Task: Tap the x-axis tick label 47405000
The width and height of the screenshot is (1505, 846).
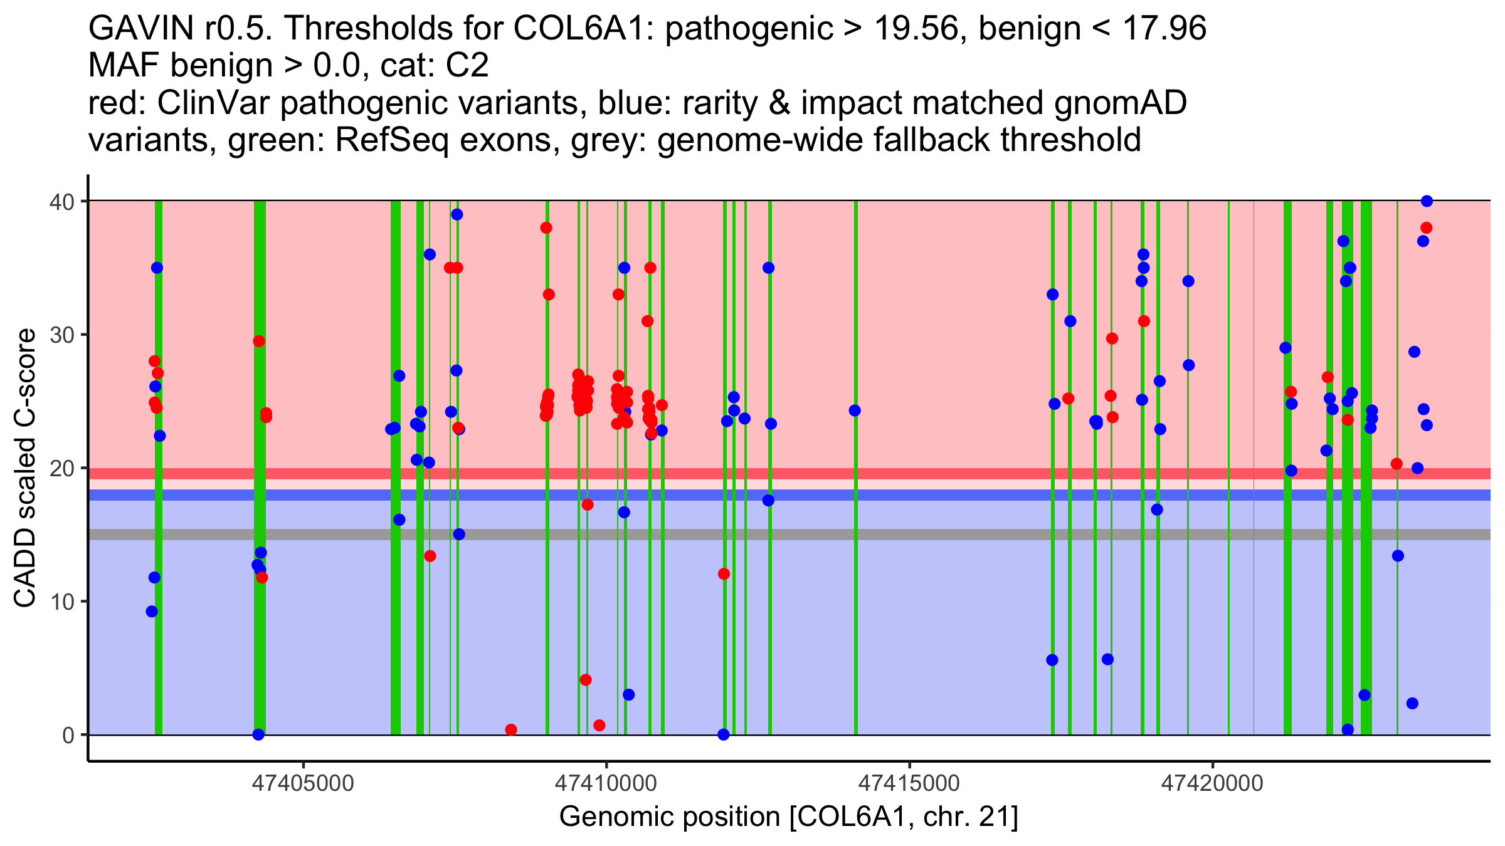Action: [304, 783]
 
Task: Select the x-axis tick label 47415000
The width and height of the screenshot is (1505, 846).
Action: [909, 783]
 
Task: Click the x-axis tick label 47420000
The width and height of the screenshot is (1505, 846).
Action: [1212, 783]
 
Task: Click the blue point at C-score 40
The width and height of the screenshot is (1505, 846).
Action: [1427, 201]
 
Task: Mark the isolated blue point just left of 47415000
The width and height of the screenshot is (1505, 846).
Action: [855, 410]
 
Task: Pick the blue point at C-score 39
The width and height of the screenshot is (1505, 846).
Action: [457, 214]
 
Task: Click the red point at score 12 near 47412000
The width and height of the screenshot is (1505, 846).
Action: [724, 574]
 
